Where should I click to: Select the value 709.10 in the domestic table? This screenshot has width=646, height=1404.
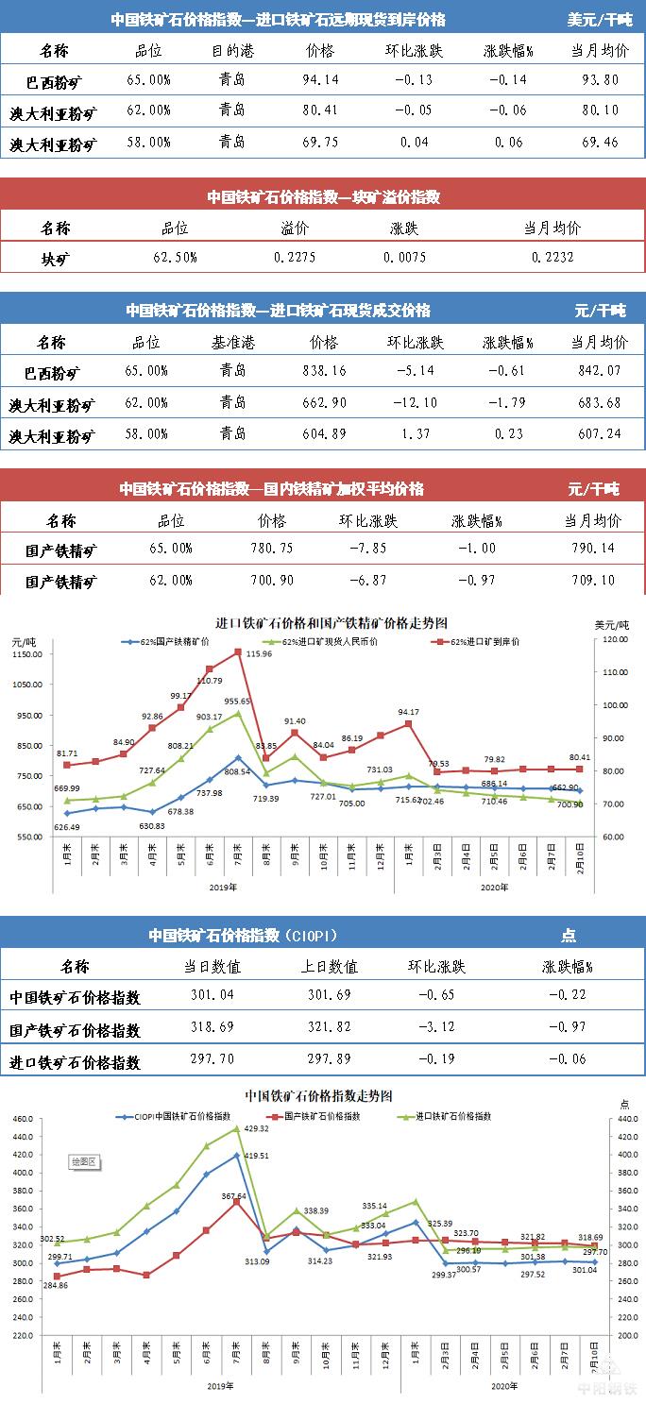[x=593, y=580]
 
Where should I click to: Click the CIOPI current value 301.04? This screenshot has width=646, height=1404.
[x=213, y=995]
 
